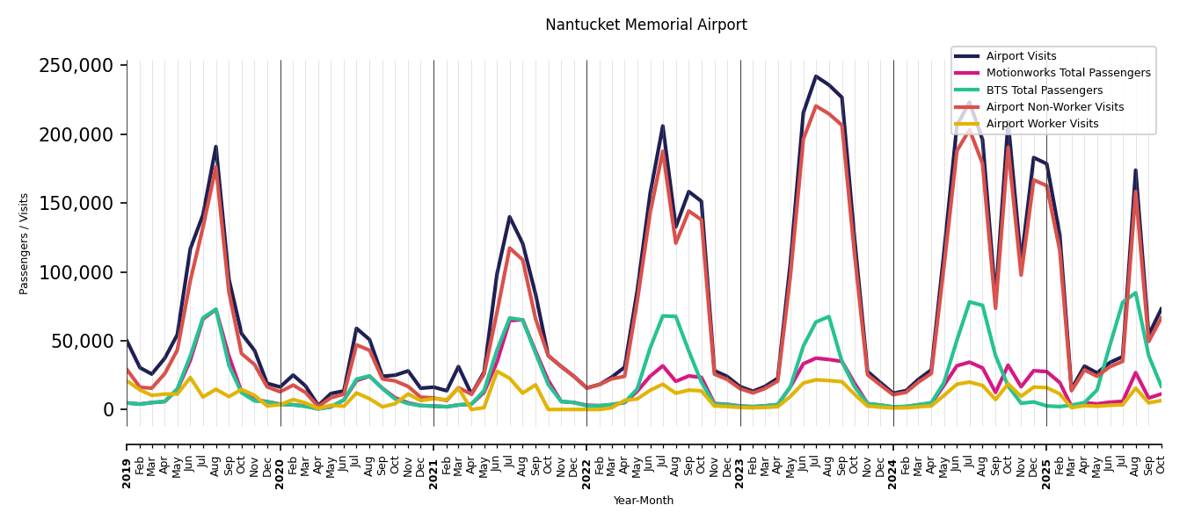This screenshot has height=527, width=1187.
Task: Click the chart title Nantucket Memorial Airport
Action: [645, 25]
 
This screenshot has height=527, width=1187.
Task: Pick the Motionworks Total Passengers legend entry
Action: [1067, 73]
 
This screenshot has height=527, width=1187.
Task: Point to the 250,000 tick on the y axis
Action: [76, 66]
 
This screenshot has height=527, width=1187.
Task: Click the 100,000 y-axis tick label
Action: [76, 272]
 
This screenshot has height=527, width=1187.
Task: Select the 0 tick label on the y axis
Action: [108, 410]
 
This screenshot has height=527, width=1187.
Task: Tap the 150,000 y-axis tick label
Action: [76, 204]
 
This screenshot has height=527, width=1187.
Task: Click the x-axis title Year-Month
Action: [644, 501]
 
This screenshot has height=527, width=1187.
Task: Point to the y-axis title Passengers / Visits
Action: [25, 243]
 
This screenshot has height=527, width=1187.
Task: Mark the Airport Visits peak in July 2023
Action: [816, 76]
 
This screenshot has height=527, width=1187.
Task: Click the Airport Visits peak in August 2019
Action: [215, 147]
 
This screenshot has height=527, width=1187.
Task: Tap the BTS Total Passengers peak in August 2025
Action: [1135, 293]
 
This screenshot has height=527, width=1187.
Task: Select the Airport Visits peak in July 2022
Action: [663, 126]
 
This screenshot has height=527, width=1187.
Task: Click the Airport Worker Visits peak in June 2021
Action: [497, 372]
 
